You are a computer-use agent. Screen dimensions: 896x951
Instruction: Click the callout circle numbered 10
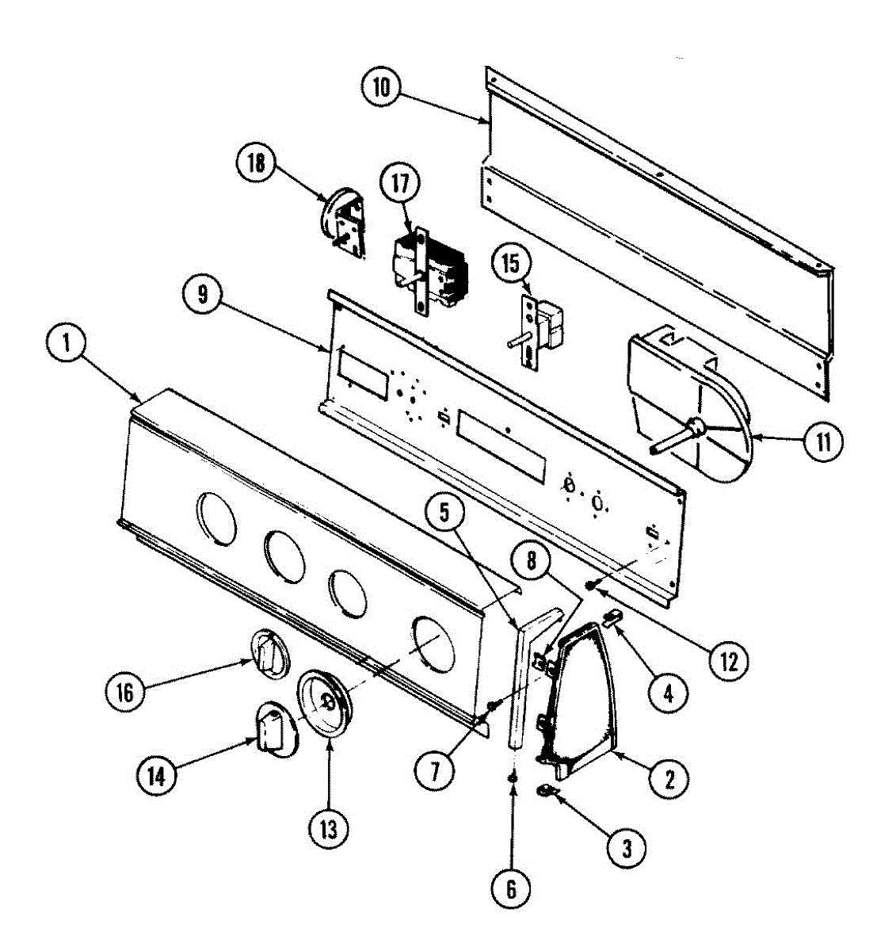point(382,86)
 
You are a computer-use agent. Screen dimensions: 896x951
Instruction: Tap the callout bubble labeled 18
point(257,164)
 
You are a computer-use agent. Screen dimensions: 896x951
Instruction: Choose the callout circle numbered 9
point(204,296)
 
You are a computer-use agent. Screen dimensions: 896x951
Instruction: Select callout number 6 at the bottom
point(511,889)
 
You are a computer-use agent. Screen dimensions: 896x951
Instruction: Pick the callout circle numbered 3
point(627,850)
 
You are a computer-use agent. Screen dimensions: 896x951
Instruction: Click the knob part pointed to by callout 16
point(268,655)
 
